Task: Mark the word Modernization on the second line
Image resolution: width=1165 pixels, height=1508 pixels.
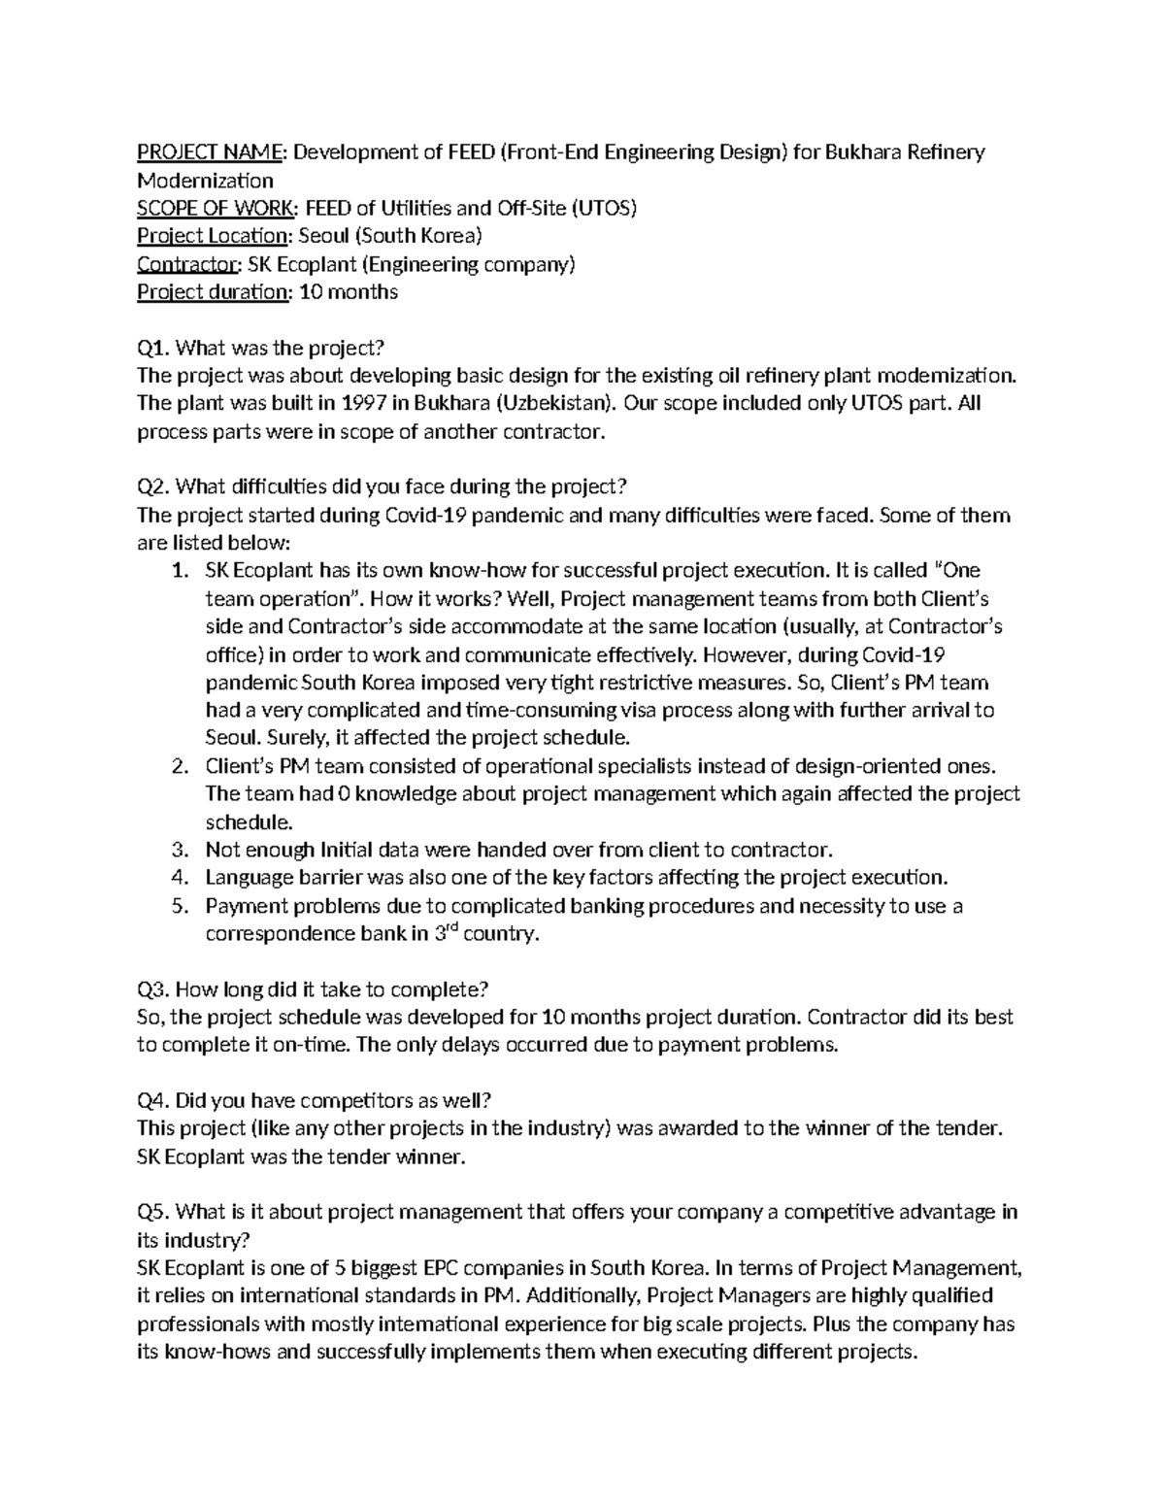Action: tap(205, 181)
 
